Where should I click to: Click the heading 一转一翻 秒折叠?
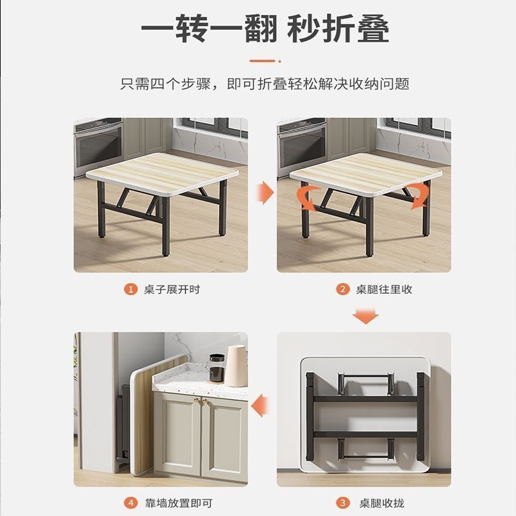(x=264, y=28)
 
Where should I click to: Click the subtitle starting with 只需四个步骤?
(x=265, y=84)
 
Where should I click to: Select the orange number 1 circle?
(x=131, y=289)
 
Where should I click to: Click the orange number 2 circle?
(x=343, y=289)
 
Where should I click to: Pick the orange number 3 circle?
(x=343, y=502)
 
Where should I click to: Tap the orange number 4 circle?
(x=131, y=502)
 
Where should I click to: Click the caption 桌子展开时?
(x=172, y=289)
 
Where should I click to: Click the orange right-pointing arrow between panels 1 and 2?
(x=263, y=192)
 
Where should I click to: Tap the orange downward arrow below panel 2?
(x=364, y=316)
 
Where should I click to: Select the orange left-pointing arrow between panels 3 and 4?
(x=261, y=406)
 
